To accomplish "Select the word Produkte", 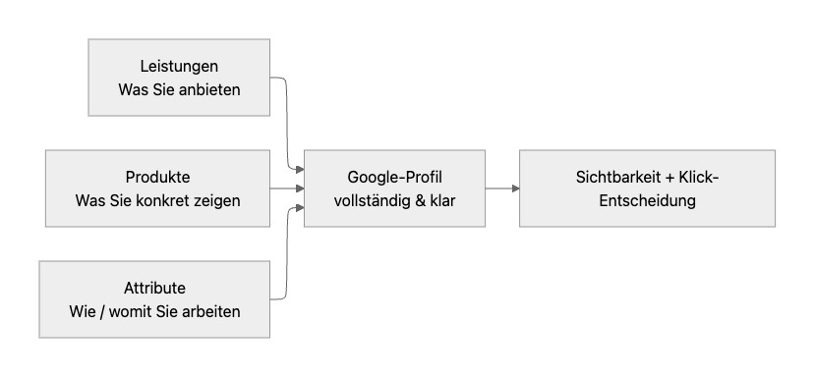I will click(x=157, y=177).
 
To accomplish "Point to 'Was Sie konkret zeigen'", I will click(x=157, y=200).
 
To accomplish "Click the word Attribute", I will click(x=154, y=288).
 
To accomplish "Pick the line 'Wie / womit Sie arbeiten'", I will click(x=154, y=311).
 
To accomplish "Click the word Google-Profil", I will click(x=394, y=177).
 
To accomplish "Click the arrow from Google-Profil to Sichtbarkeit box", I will click(x=501, y=188).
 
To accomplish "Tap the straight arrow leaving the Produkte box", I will click(x=287, y=188).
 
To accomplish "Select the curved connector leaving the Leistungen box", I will click(x=286, y=118).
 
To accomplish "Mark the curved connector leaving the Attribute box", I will click(x=286, y=255).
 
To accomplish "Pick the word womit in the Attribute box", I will click(x=145, y=311).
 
